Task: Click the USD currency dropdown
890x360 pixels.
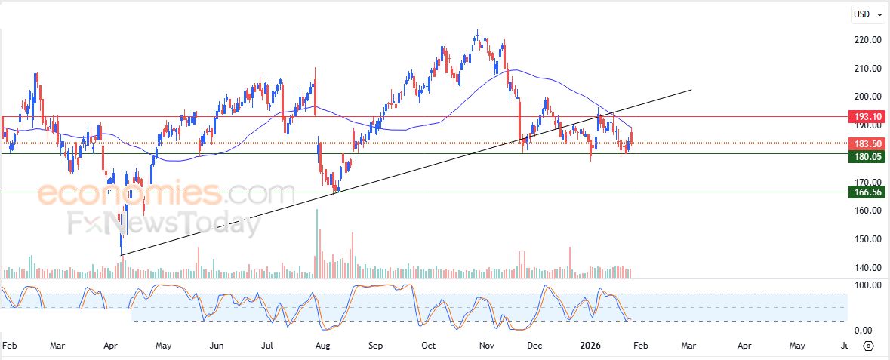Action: (x=866, y=14)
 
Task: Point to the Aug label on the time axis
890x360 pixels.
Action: (x=323, y=346)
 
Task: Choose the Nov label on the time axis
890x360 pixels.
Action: (x=487, y=346)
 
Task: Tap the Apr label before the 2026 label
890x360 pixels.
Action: (x=110, y=346)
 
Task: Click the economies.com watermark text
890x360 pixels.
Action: (x=166, y=194)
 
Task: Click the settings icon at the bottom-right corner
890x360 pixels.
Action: (x=868, y=346)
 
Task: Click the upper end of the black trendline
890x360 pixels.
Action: (x=691, y=90)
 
